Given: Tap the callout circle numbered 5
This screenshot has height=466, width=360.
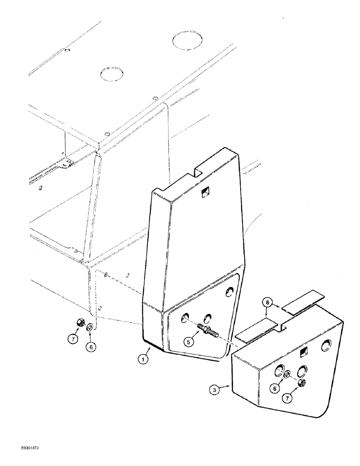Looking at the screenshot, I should click(x=188, y=342).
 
